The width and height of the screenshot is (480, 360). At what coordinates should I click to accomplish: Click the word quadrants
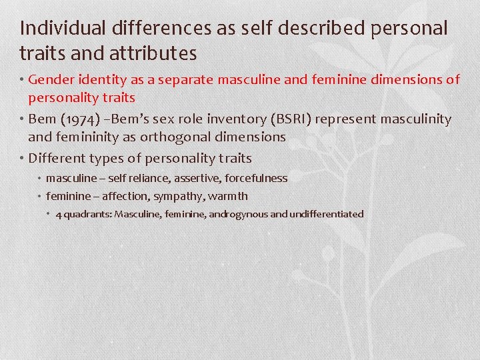click(x=87, y=215)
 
